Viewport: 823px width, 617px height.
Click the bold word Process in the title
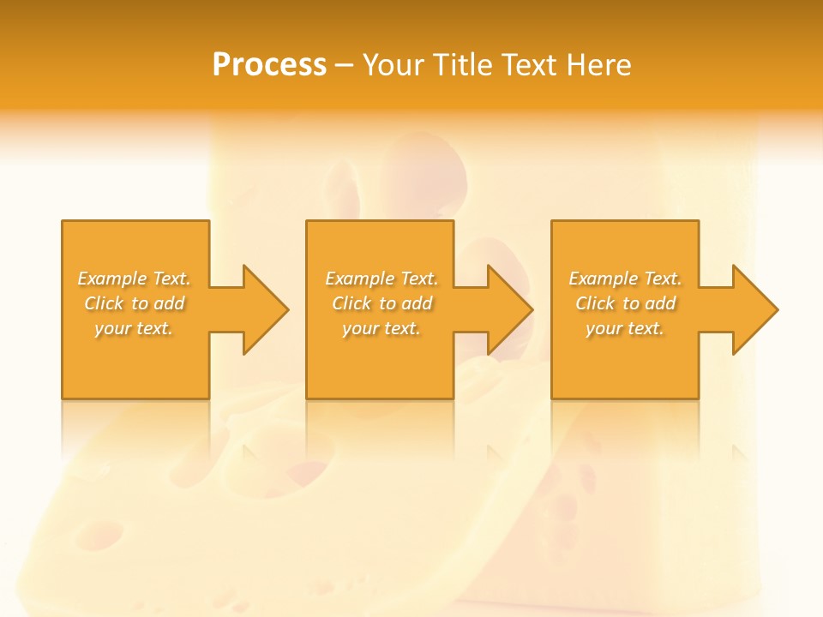(269, 65)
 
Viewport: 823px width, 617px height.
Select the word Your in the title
(394, 65)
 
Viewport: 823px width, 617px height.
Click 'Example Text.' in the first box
(134, 279)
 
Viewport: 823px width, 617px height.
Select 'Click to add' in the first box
(135, 303)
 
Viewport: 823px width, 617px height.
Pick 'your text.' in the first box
(134, 328)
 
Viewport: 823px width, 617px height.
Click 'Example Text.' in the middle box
(381, 279)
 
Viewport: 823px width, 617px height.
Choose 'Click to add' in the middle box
(382, 303)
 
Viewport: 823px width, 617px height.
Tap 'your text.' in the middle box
(381, 328)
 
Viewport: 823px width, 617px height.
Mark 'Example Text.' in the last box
(625, 279)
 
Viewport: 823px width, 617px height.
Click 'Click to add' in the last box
(626, 303)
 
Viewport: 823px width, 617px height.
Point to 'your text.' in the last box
(625, 328)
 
